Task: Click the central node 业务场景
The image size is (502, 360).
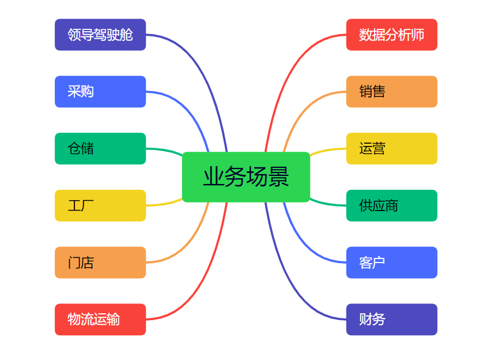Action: [x=246, y=177]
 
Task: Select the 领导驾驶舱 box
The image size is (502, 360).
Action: [x=100, y=35]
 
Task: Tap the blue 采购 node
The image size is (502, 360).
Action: [x=100, y=92]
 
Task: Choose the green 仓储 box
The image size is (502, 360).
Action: [x=100, y=149]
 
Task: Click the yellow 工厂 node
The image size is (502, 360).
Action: [x=100, y=205]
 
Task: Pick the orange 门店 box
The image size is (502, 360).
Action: [x=100, y=262]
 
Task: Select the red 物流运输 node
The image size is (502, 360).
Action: [x=100, y=320]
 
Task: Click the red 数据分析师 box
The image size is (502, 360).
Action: [x=392, y=35]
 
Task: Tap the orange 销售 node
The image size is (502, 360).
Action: [x=392, y=92]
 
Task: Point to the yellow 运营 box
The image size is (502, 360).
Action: [x=392, y=149]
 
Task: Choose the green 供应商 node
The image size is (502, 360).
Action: [x=392, y=205]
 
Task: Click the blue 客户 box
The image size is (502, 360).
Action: [x=392, y=262]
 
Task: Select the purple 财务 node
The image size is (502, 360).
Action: [x=392, y=320]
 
